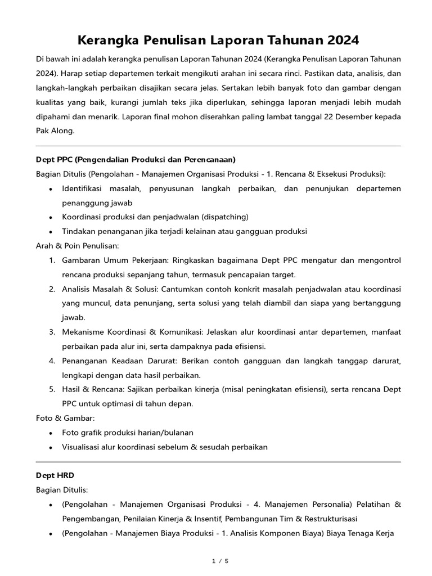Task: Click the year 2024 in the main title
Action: pyautogui.click(x=338, y=40)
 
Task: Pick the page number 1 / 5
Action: pyautogui.click(x=216, y=561)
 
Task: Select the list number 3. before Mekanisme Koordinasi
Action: pyautogui.click(x=52, y=332)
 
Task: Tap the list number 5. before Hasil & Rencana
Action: pyautogui.click(x=52, y=390)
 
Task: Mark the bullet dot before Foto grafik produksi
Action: pyautogui.click(x=51, y=433)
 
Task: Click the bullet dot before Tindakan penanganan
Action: pyautogui.click(x=51, y=232)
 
